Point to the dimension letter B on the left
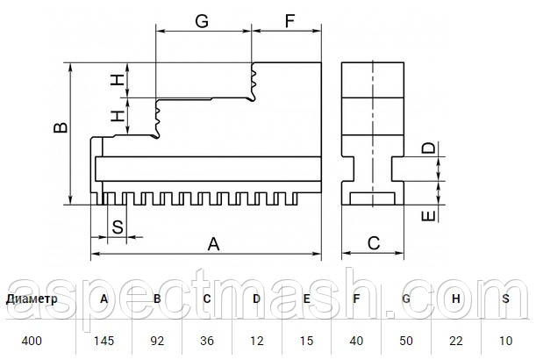click(x=60, y=128)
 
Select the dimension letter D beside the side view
click(x=427, y=148)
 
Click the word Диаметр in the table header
click(x=32, y=299)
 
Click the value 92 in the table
click(x=156, y=338)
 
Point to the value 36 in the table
click(x=206, y=338)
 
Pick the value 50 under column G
click(x=405, y=338)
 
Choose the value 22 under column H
click(x=456, y=338)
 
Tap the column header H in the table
click(x=456, y=299)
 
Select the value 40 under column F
click(x=356, y=338)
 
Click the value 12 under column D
click(x=256, y=338)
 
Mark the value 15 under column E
click(x=306, y=338)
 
